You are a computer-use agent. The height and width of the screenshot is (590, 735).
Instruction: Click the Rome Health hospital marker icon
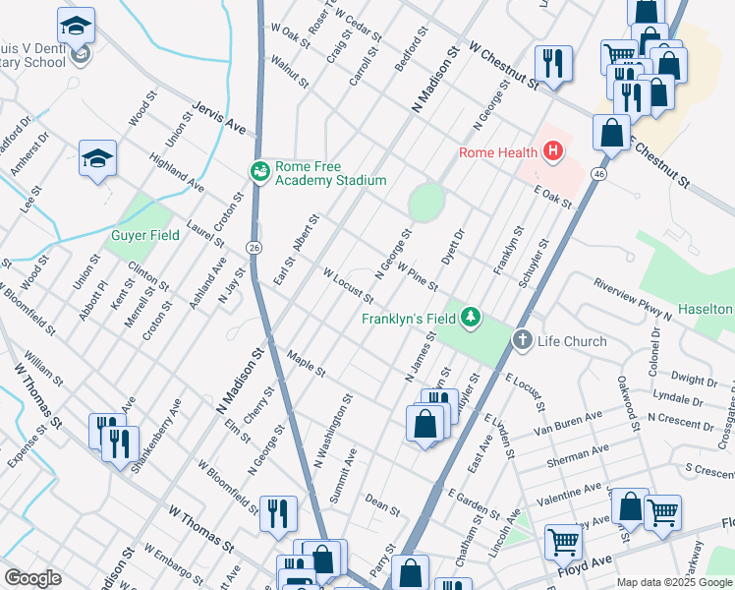(x=553, y=151)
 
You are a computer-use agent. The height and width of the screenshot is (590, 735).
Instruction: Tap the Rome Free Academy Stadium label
(x=330, y=173)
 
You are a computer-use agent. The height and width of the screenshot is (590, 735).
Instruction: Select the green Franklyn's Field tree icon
(x=473, y=316)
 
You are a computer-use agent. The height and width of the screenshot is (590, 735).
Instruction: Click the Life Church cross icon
(x=522, y=341)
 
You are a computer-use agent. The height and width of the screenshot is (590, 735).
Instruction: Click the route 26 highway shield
(x=254, y=246)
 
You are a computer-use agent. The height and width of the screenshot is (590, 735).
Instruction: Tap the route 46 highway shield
(x=597, y=173)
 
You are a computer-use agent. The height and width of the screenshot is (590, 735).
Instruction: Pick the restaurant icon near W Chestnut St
(x=553, y=63)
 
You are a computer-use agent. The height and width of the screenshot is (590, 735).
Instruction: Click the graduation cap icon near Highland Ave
(x=98, y=158)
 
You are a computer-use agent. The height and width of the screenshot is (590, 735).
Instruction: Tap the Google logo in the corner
(x=32, y=578)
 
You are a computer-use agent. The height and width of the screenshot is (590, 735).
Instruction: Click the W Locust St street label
(x=348, y=284)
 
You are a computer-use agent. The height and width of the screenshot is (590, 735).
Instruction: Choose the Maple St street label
(x=306, y=361)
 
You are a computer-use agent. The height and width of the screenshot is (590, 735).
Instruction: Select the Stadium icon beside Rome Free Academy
(x=260, y=172)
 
